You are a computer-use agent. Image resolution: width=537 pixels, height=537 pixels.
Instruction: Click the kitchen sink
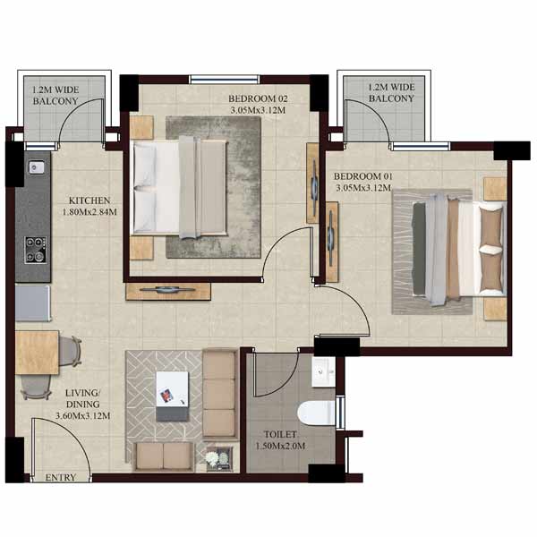[36, 167]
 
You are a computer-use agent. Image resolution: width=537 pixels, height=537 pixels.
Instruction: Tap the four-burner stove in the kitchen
[36, 250]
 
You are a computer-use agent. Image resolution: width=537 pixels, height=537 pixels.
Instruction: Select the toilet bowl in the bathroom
[316, 413]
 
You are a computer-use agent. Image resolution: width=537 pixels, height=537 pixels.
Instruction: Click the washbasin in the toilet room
[324, 372]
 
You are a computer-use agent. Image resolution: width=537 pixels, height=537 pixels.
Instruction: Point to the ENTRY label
[61, 477]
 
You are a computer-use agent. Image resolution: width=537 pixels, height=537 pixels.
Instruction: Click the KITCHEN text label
[89, 200]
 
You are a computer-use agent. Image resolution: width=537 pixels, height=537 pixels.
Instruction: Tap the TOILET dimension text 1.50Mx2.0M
[280, 446]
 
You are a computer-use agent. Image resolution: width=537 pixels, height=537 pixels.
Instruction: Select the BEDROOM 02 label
[258, 98]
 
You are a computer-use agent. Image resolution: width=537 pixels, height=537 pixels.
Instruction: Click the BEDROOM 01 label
[363, 176]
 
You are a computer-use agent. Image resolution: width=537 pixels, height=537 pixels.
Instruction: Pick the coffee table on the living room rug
[172, 396]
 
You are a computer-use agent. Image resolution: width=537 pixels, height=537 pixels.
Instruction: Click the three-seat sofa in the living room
[219, 394]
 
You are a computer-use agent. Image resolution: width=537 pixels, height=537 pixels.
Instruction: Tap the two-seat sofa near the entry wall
[164, 456]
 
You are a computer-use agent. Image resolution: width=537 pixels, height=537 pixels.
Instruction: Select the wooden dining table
[37, 353]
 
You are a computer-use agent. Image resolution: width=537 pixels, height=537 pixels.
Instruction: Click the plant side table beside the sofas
[219, 458]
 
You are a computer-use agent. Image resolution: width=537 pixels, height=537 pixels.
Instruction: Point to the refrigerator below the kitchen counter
[33, 303]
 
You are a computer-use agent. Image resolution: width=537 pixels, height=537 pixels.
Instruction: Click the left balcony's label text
[55, 96]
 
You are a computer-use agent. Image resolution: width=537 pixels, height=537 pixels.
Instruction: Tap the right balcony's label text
[391, 93]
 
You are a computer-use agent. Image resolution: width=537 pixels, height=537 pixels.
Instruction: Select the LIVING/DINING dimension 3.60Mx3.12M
[83, 416]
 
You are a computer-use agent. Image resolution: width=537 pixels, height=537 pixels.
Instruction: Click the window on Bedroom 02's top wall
[225, 80]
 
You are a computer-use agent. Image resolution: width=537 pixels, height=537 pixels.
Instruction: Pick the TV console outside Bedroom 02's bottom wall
[168, 291]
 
